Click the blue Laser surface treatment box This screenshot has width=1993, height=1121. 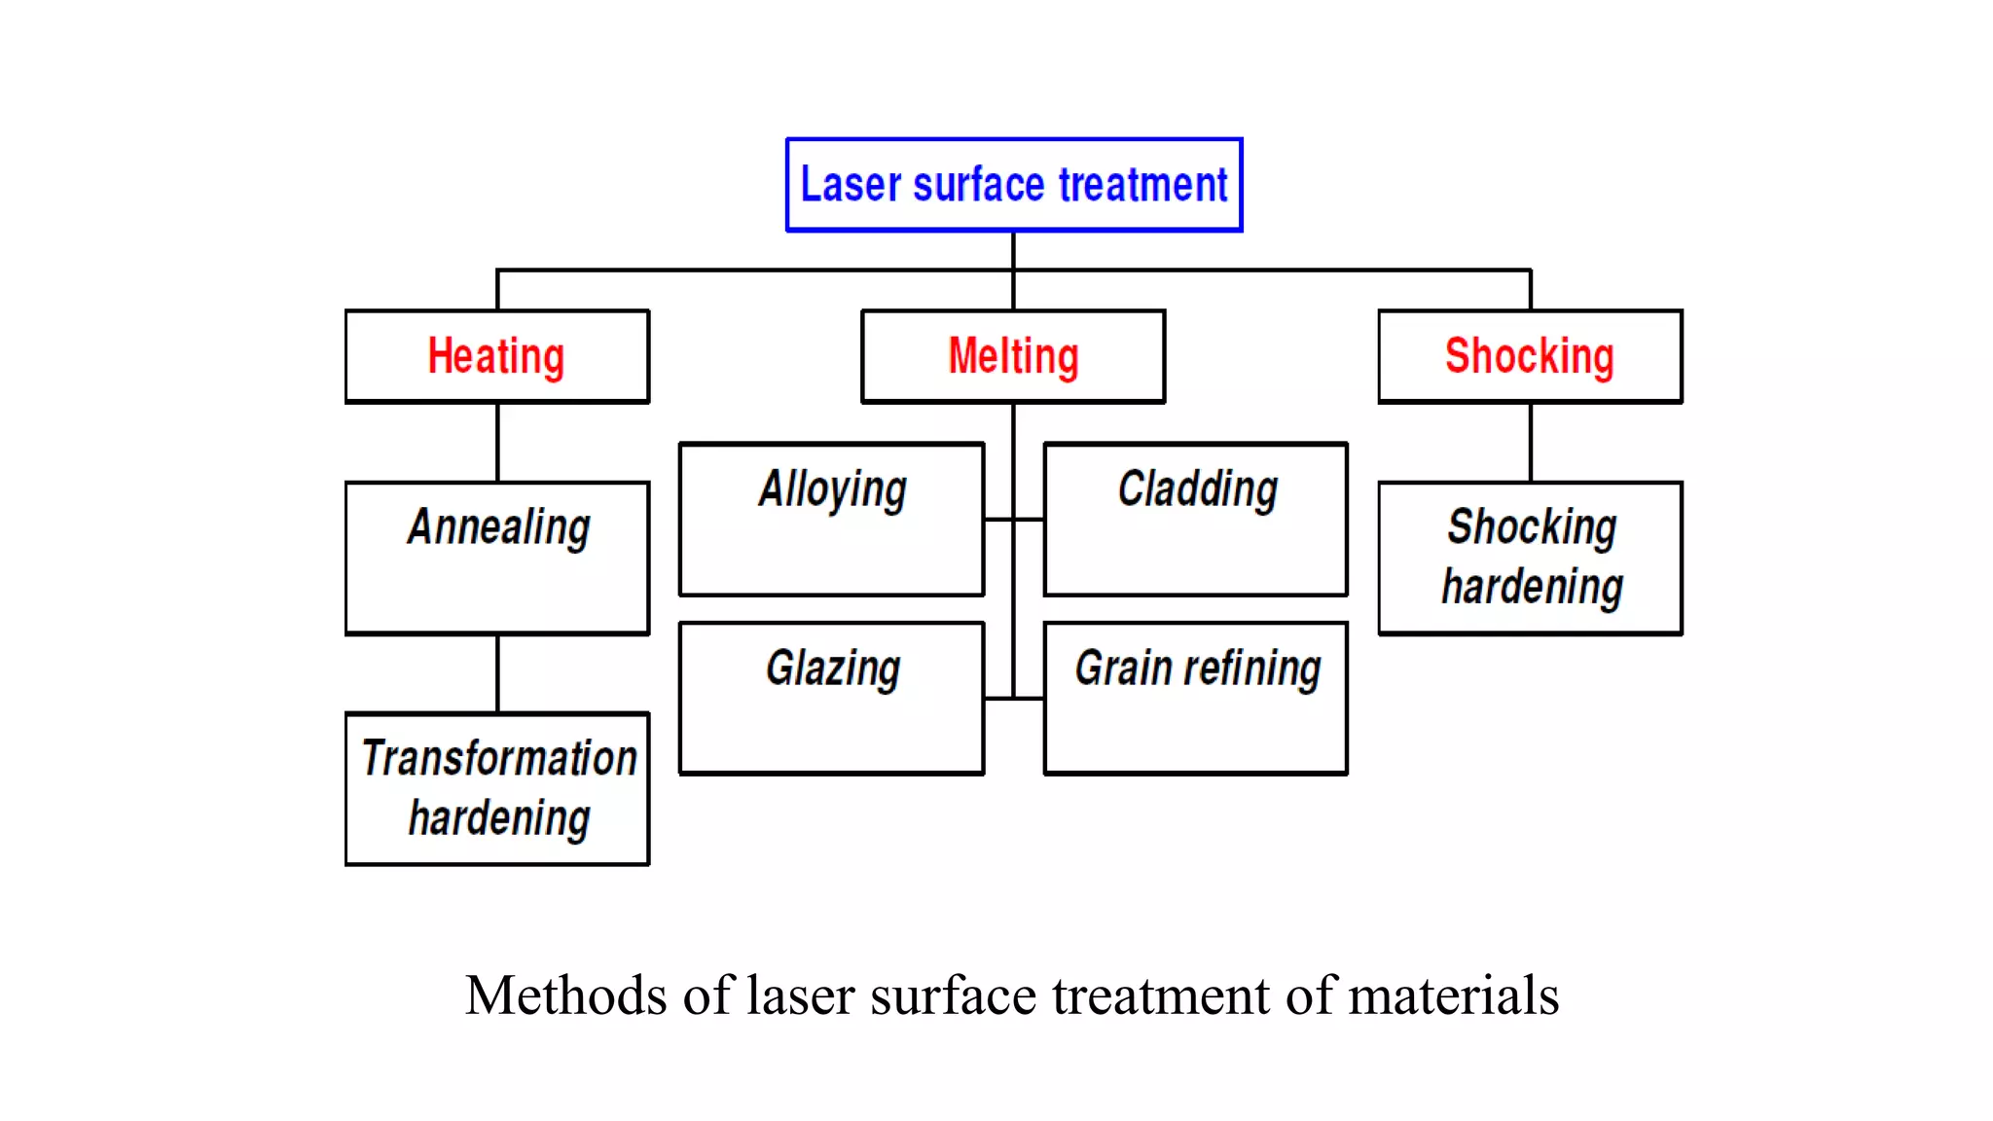click(x=1013, y=185)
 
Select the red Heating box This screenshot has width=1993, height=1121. click(x=497, y=356)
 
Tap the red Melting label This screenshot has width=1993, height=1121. click(x=1013, y=356)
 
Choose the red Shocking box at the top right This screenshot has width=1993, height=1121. click(x=1530, y=356)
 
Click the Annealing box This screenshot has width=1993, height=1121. click(x=497, y=558)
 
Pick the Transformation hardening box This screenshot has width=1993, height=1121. click(x=497, y=788)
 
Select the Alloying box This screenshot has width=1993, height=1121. click(x=831, y=519)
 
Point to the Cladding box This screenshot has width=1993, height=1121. click(x=1195, y=519)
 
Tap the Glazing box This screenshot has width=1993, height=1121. click(x=831, y=698)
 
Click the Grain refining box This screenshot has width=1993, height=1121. click(x=1195, y=698)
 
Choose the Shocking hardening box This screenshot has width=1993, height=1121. click(x=1530, y=558)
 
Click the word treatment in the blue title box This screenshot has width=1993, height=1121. click(x=1143, y=185)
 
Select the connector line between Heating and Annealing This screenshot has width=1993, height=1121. click(x=497, y=443)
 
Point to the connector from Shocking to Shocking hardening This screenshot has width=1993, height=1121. click(x=1530, y=443)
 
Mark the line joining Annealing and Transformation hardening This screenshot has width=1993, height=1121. click(x=497, y=673)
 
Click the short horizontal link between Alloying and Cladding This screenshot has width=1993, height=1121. click(x=1013, y=520)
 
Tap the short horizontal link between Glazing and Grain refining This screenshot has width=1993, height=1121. click(x=1013, y=699)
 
